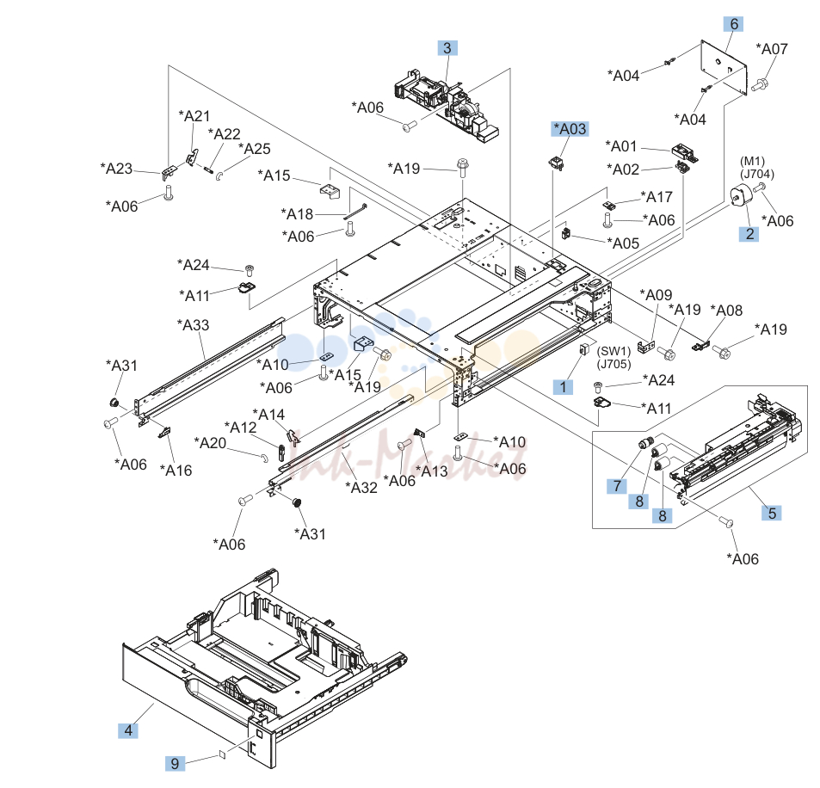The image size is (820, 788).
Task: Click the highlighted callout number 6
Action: click(x=734, y=24)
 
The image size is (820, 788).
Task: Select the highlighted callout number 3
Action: click(x=447, y=48)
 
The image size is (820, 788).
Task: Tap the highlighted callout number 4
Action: click(x=128, y=730)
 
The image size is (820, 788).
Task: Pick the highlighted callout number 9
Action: click(x=176, y=763)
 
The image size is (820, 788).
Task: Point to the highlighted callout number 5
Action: click(x=772, y=513)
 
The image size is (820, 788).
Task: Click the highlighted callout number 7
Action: click(x=617, y=486)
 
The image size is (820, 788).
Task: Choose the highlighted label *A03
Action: click(x=570, y=129)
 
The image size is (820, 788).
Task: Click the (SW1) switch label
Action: click(x=613, y=351)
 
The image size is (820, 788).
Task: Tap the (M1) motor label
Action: click(x=752, y=161)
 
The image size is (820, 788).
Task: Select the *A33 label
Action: click(x=193, y=325)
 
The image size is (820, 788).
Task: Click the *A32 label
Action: click(x=361, y=487)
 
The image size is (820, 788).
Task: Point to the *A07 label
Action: click(x=771, y=49)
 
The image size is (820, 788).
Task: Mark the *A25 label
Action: click(x=255, y=149)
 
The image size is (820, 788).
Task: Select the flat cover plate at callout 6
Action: click(x=724, y=67)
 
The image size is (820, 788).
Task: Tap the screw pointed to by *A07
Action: click(x=759, y=84)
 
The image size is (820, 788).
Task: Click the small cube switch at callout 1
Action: click(x=581, y=349)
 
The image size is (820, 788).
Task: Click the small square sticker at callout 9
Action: click(x=222, y=754)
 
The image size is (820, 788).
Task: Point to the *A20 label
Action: click(x=210, y=443)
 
